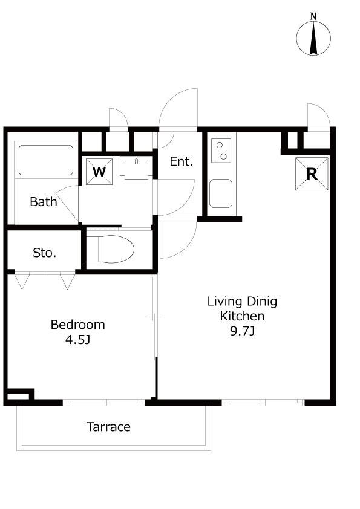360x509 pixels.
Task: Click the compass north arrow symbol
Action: pos(313,38)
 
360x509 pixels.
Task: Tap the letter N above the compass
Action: pos(313,16)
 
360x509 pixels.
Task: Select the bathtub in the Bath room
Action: pos(46,160)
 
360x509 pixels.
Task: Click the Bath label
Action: pos(43,201)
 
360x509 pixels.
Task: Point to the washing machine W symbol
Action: pos(99,172)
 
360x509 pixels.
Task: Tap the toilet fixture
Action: pos(111,249)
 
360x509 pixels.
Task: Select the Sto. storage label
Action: pos(45,253)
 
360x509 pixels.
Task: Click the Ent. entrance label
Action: pos(182,161)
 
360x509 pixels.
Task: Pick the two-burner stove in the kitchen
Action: pos(221,151)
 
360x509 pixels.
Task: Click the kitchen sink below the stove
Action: pos(221,193)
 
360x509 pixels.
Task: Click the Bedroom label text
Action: pos(78,325)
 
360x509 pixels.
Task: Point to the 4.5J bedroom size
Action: pos(77,340)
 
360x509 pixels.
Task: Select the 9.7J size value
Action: pos(243,331)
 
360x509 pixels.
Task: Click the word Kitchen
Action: pos(242,316)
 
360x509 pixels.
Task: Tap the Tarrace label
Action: pos(108,427)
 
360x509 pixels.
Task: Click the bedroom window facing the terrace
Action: pos(104,403)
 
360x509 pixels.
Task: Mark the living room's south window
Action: pos(264,403)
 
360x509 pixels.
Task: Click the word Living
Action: pos(225,302)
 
